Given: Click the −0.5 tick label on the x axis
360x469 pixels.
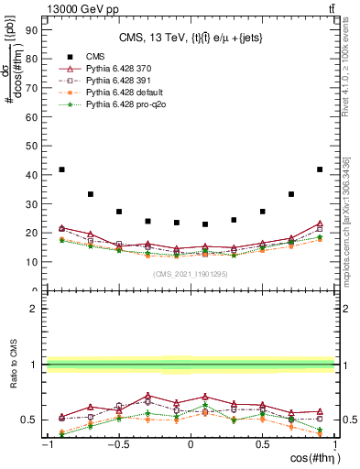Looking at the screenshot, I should [118, 445].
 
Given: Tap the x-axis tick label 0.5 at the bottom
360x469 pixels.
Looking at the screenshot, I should [262, 445].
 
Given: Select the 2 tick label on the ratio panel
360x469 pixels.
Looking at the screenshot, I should [33, 310].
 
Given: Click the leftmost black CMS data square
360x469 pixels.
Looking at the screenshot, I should [61, 169].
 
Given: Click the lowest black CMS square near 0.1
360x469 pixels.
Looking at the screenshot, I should [205, 224].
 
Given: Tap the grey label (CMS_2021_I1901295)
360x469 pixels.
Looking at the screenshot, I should [191, 276].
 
